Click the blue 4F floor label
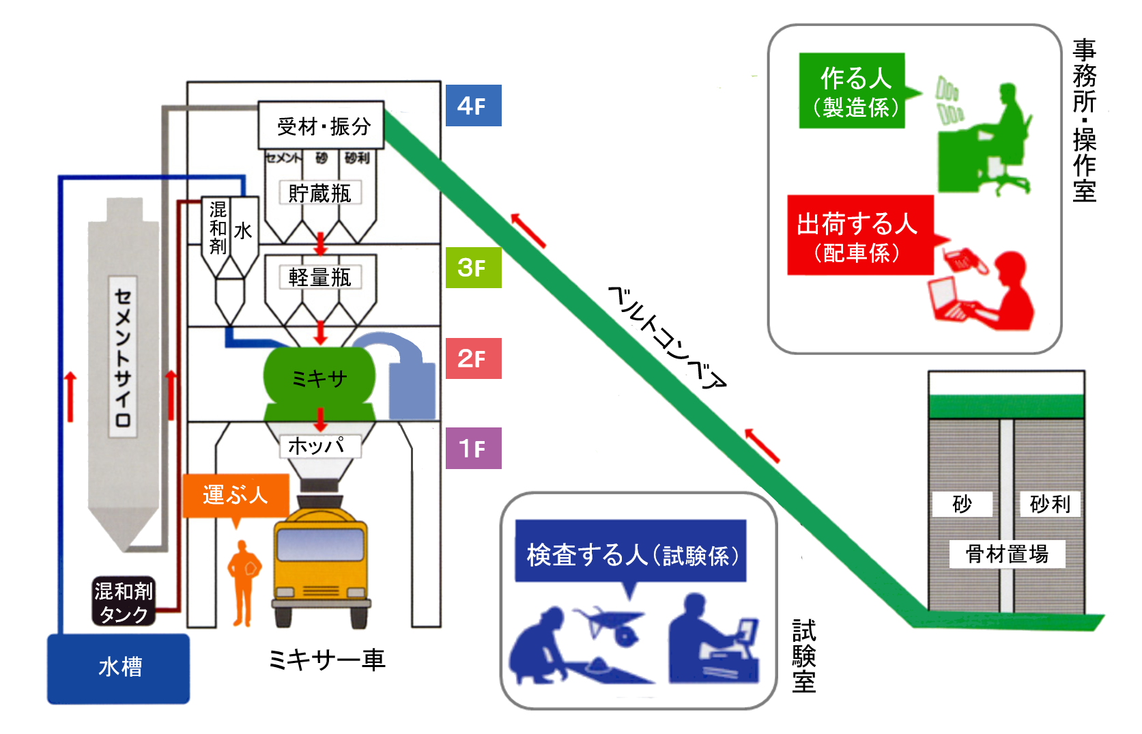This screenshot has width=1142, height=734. [473, 105]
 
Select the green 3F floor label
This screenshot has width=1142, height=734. [473, 267]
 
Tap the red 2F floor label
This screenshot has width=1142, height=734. [473, 358]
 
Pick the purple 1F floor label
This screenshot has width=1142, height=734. [473, 448]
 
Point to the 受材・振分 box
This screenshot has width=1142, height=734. [321, 126]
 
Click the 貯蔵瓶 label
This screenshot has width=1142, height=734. [319, 193]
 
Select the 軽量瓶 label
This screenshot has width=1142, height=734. [319, 277]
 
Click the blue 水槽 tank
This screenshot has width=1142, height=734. [119, 668]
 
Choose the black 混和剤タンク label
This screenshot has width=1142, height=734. [124, 602]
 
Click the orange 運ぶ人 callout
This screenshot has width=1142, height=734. [235, 495]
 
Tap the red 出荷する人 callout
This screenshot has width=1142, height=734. [859, 236]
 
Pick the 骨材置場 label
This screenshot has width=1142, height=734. [1007, 554]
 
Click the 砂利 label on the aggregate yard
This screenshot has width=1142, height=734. [1049, 504]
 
